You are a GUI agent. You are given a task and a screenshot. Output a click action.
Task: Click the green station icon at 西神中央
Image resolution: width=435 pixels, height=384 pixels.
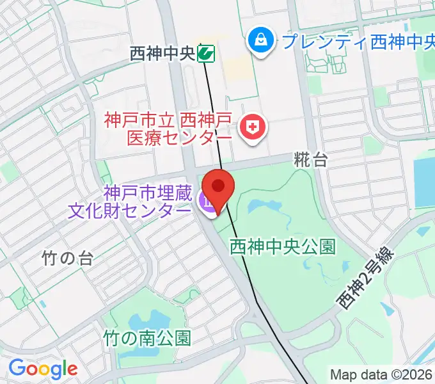coord(205,53)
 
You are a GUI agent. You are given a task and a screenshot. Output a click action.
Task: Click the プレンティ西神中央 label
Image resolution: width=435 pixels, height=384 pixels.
coord(356,43)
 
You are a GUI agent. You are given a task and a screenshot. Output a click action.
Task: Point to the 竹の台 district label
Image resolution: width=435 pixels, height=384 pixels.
coord(67,258)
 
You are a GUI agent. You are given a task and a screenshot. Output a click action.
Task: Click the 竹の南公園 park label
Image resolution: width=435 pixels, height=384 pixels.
coord(147,337)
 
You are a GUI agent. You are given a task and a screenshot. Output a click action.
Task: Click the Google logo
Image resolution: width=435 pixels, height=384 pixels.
coord(43,369)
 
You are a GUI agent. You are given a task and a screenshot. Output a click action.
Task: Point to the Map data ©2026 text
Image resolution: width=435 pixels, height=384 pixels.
coord(382,374)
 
